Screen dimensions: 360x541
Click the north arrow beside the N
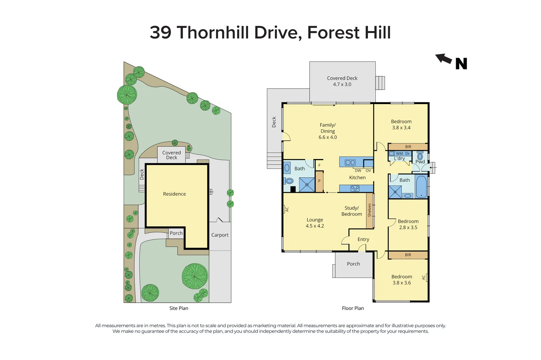(444, 59)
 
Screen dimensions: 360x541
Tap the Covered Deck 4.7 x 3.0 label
(342, 81)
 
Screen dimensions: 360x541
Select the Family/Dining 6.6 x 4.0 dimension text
(328, 131)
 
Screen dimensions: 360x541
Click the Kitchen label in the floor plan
(357, 178)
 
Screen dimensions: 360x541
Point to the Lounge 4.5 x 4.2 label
(315, 223)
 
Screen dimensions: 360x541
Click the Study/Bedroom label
(352, 211)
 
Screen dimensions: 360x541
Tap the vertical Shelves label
(369, 210)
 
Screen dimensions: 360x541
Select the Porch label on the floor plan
(353, 264)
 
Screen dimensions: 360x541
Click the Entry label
(363, 239)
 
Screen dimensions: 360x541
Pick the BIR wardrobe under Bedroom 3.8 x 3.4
(408, 147)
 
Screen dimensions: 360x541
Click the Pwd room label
(420, 162)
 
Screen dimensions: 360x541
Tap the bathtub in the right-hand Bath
(421, 187)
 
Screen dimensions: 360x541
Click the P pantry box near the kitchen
(319, 181)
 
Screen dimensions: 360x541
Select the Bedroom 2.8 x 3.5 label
(408, 224)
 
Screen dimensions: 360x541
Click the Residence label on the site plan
(174, 194)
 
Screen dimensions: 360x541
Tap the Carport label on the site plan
(220, 235)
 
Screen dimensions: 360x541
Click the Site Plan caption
(179, 308)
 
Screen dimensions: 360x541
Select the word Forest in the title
(333, 33)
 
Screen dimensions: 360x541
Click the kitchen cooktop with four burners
(355, 189)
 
